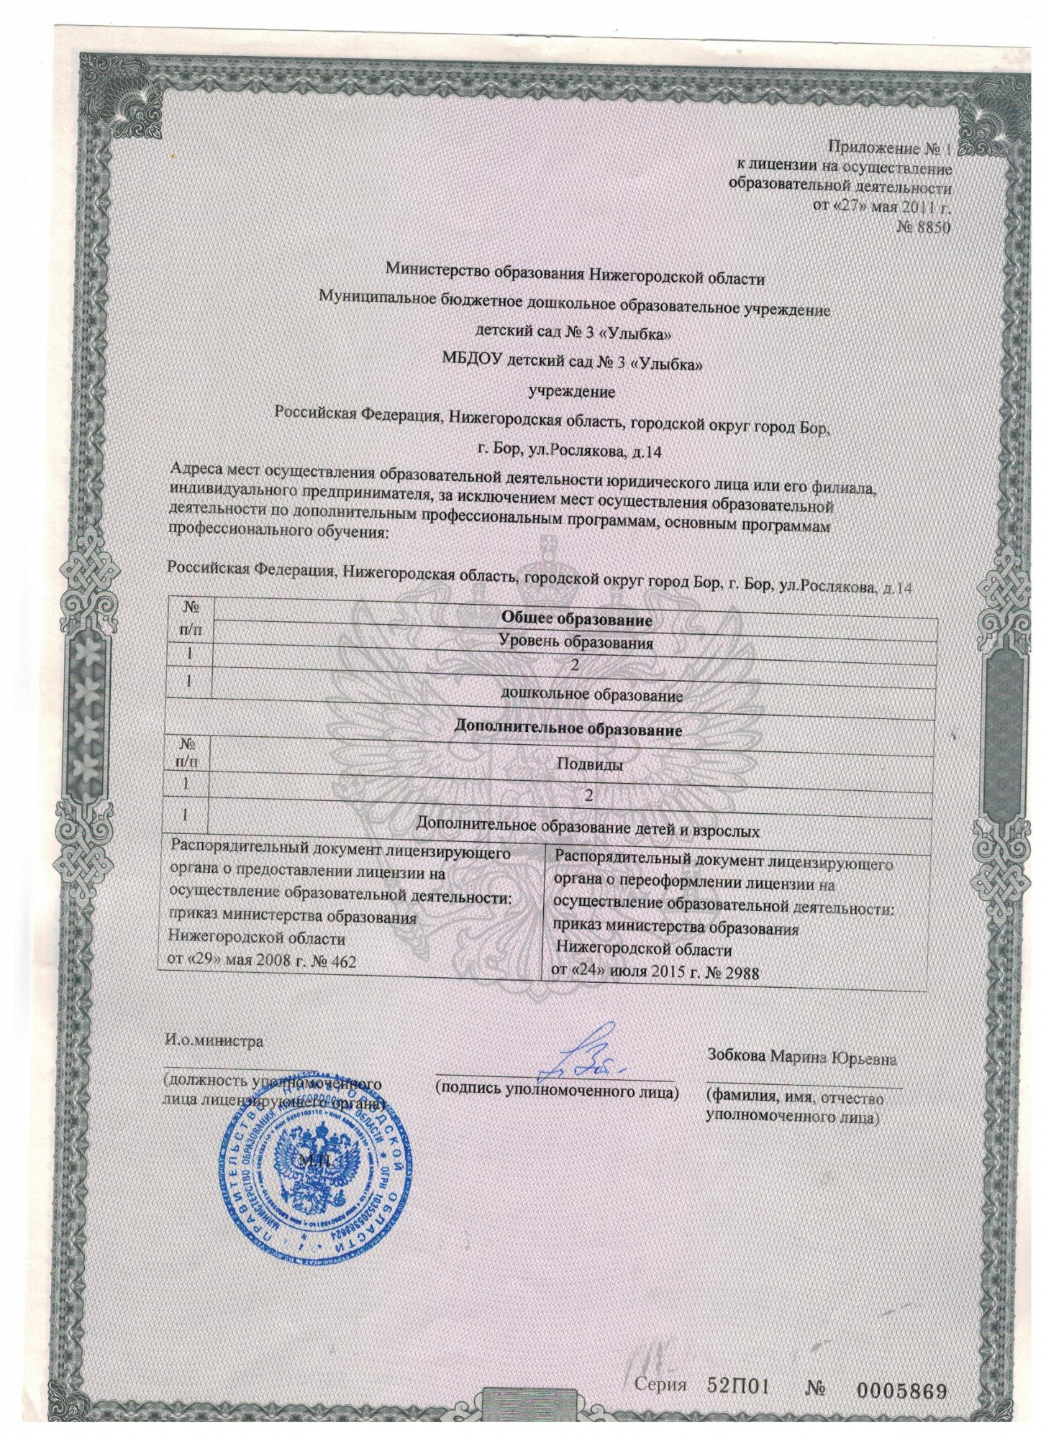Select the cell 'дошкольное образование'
coord(592,695)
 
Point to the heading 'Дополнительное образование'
coord(569,730)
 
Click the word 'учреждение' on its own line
coord(572,393)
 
